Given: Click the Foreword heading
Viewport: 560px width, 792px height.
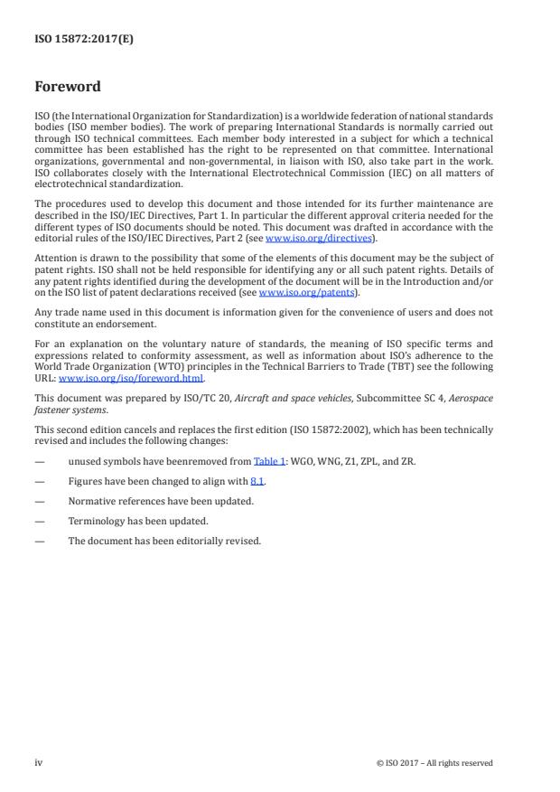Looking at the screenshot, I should [x=68, y=88].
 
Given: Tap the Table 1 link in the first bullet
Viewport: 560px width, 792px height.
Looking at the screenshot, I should [x=265, y=461].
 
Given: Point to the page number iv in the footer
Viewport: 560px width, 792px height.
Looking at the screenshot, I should [x=39, y=762].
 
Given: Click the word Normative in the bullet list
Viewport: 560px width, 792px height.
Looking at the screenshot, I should [x=90, y=500].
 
